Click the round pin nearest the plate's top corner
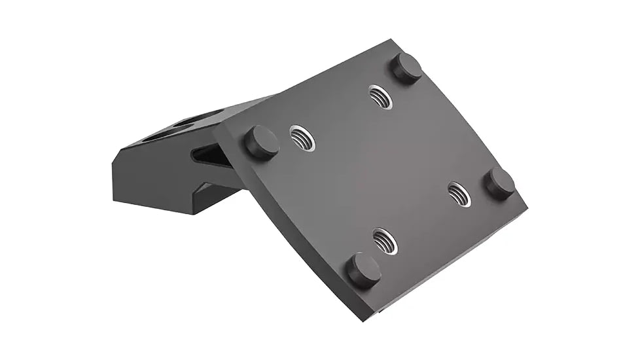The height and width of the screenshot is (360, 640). pos(406,67)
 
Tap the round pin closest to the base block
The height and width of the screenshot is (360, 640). pos(261,142)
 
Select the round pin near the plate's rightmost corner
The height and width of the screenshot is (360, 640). pos(499,183)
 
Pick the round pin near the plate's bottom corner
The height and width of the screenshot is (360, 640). pos(363,269)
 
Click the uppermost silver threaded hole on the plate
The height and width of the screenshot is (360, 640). pos(380,97)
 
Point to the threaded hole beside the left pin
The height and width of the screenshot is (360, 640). pos(302,137)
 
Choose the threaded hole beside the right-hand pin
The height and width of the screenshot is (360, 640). pos(459,194)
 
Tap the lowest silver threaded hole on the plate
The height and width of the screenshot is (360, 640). pos(385,241)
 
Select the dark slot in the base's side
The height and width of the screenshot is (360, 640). pos(208,155)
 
